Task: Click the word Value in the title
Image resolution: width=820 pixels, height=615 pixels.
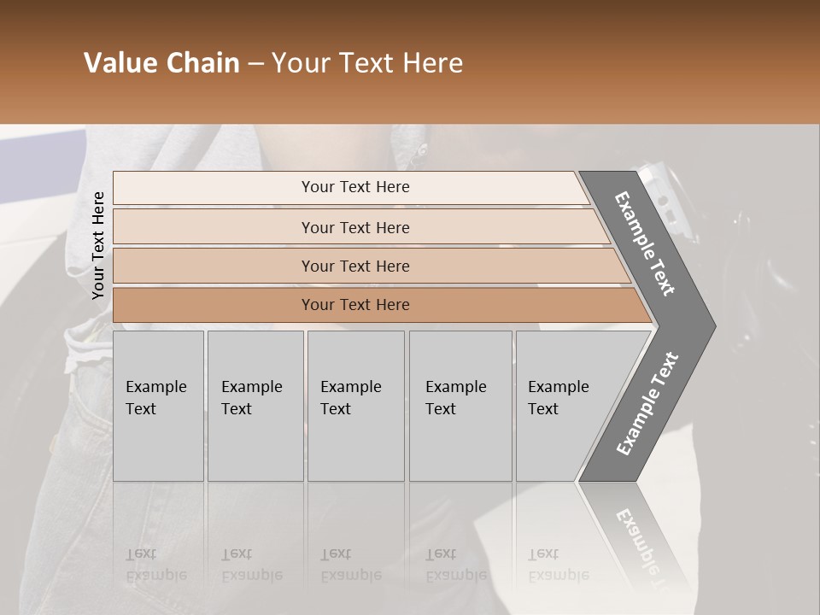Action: click(x=119, y=63)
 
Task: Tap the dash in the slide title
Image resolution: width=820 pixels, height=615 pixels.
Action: click(x=255, y=64)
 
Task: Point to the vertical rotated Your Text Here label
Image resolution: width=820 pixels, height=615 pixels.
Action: click(x=98, y=245)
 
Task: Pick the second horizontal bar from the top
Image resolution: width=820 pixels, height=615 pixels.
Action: click(x=355, y=227)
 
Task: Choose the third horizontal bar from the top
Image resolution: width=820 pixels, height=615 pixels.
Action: click(x=355, y=266)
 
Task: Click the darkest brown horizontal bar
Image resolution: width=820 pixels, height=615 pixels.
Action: click(x=355, y=305)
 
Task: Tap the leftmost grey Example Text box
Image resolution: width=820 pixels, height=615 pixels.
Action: click(x=158, y=406)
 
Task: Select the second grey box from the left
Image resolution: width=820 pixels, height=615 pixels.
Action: click(x=255, y=406)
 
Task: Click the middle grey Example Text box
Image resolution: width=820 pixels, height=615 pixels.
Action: click(x=355, y=406)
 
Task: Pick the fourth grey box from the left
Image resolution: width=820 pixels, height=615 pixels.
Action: click(x=460, y=406)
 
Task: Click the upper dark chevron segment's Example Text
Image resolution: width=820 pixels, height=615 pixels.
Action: click(x=645, y=243)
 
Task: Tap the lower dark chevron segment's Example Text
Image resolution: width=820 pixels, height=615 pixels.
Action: click(x=647, y=404)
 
